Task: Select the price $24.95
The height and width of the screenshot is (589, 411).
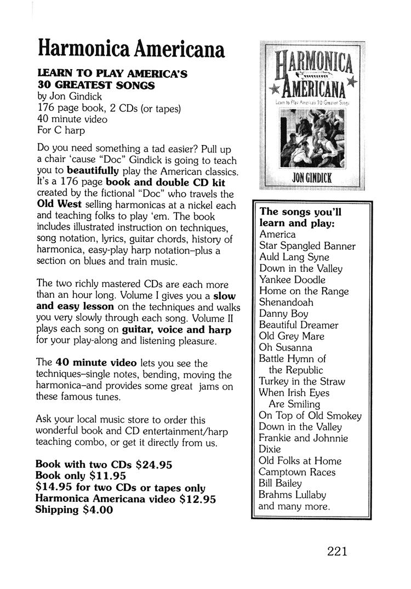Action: [x=154, y=465]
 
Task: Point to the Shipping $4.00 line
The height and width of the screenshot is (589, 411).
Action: [x=74, y=510]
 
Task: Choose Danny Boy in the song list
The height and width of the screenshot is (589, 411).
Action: [x=283, y=314]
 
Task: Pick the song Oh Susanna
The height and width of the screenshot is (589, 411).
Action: [x=286, y=348]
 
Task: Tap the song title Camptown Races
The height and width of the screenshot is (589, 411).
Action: [x=297, y=472]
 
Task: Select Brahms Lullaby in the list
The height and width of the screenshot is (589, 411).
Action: [x=293, y=495]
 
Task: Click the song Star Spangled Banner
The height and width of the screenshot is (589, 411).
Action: [x=307, y=246]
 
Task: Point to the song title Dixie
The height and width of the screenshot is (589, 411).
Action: [x=271, y=450]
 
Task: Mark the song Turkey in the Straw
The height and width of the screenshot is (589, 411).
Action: [x=301, y=382]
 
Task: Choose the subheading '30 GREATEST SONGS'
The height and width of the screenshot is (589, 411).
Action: [x=96, y=85]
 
